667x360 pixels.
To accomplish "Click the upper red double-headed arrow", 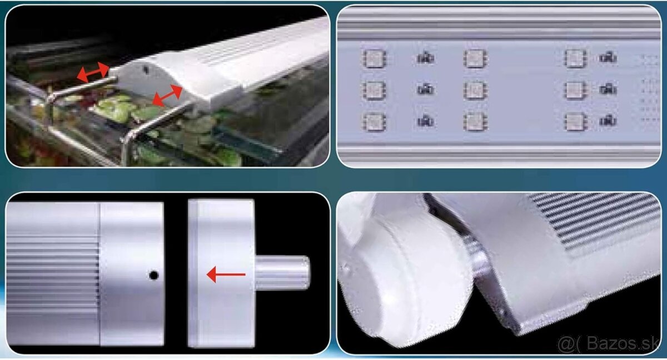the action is (93, 72).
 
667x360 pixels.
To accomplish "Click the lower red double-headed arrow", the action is (167, 96).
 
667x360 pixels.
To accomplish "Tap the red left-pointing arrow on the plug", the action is (226, 274).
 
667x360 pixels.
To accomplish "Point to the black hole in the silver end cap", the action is (153, 275).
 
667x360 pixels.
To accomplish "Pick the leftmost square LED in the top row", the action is (374, 58).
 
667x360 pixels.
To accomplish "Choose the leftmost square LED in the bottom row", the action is (374, 122).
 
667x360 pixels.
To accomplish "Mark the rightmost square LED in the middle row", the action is (575, 90).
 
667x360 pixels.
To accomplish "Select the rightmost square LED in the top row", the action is (575, 58).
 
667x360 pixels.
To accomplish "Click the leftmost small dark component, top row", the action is (425, 58).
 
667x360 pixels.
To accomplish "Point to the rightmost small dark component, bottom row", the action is (608, 121).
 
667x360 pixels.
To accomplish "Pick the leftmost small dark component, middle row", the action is (425, 89).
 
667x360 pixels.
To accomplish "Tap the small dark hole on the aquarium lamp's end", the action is (146, 70).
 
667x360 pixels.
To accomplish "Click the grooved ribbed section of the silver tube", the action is (53, 274).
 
